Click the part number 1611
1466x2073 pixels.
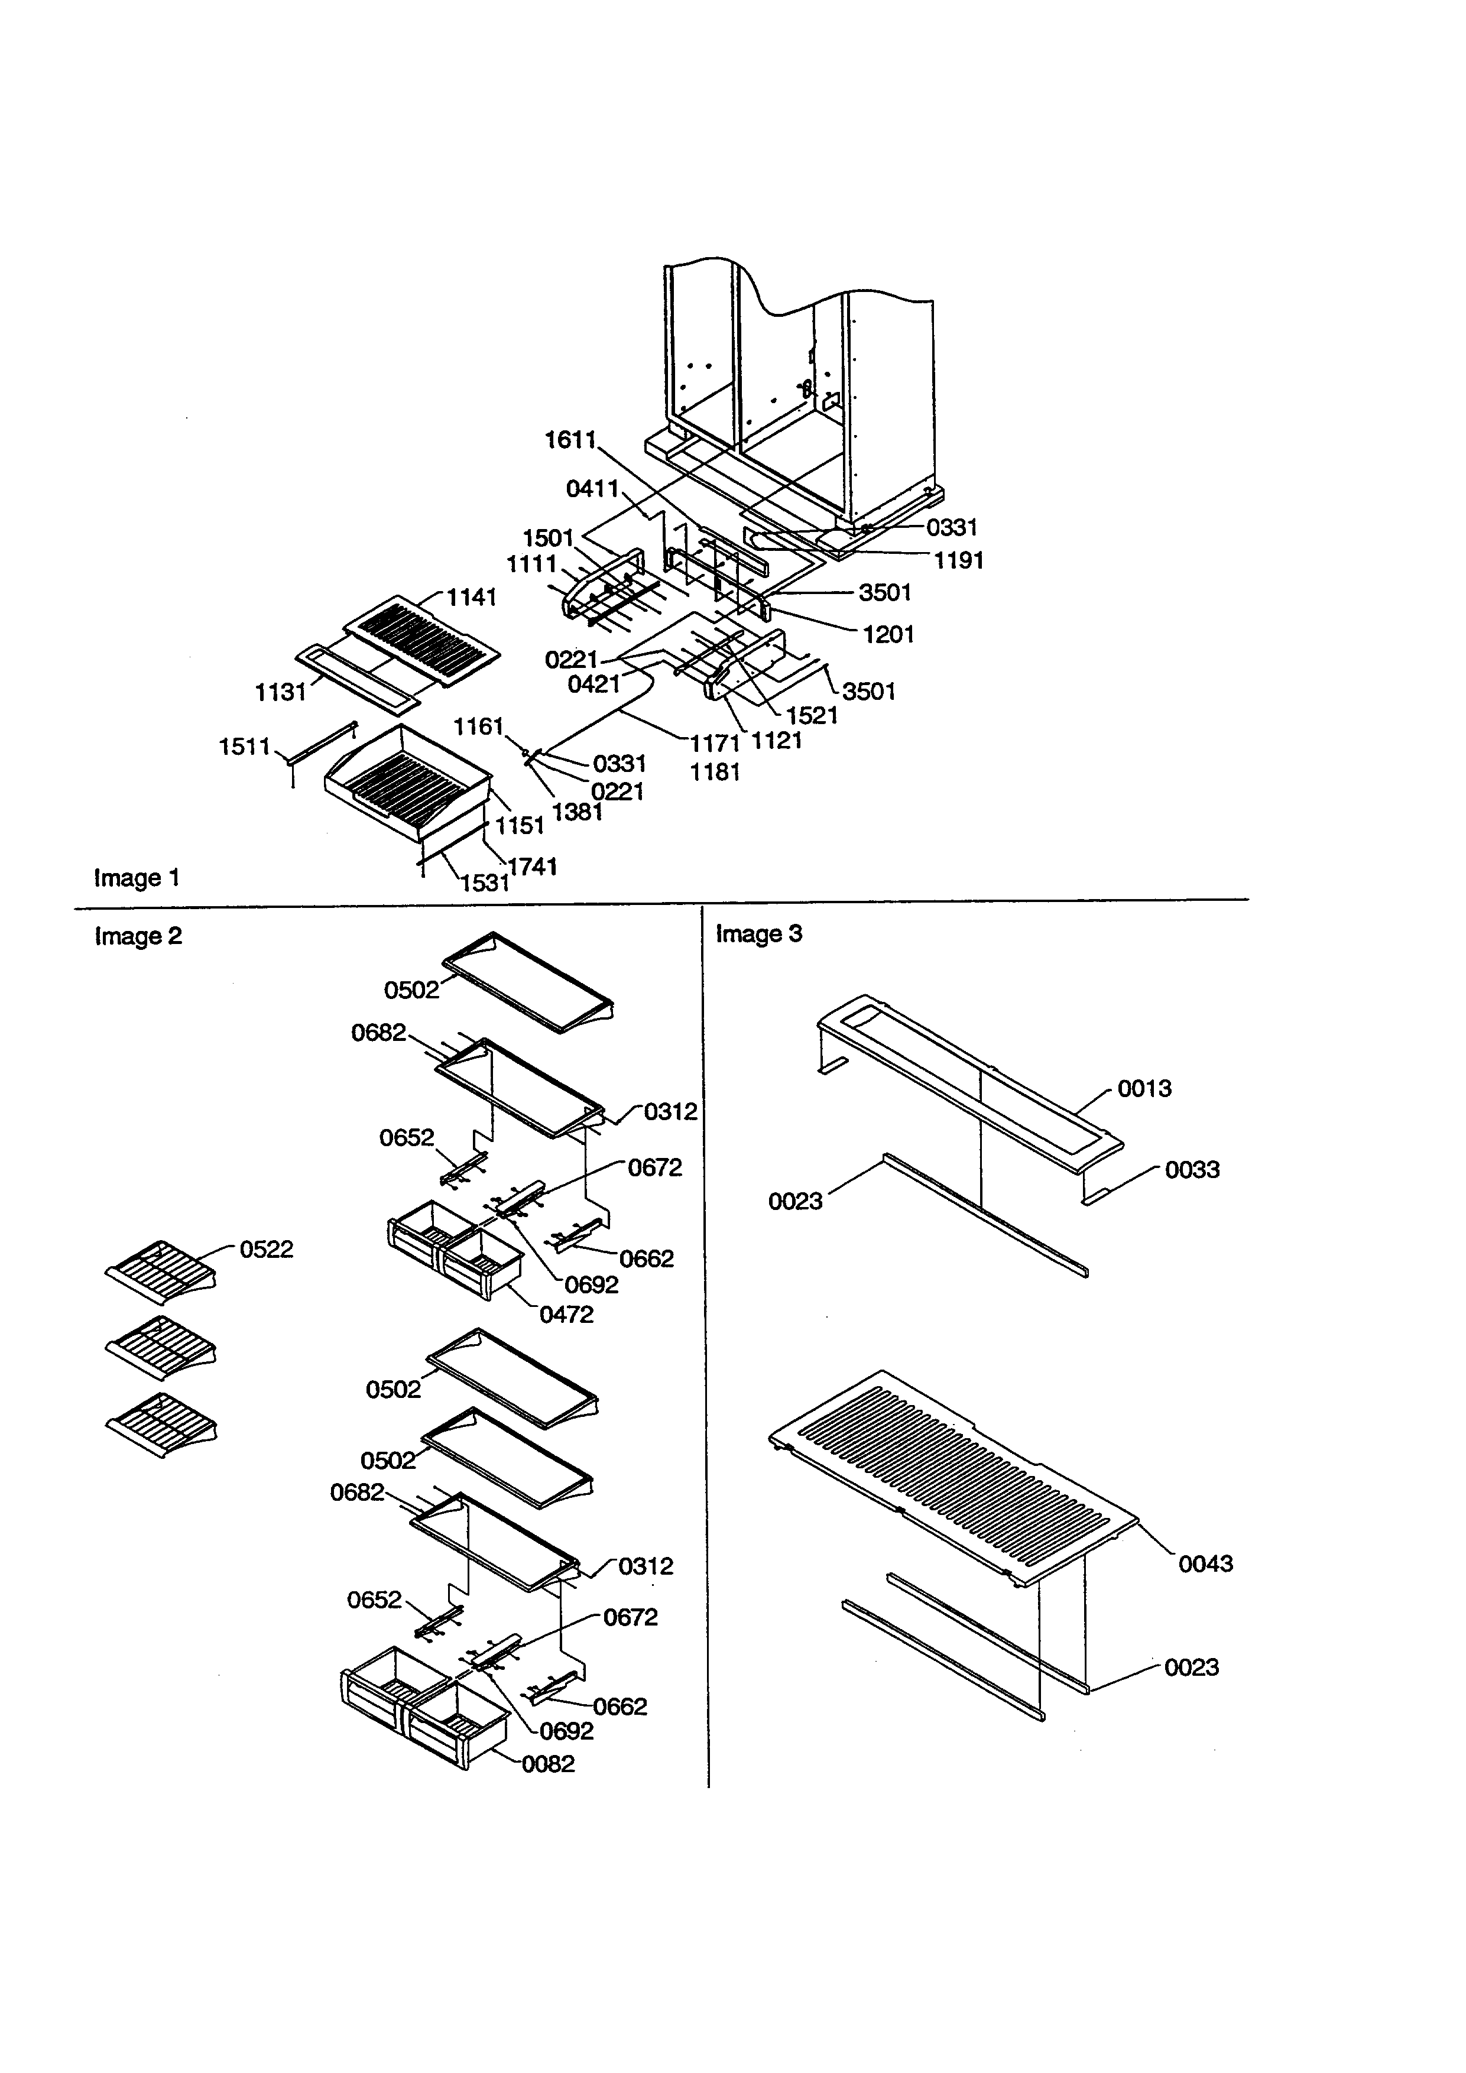tap(570, 440)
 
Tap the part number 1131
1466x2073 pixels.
tap(281, 693)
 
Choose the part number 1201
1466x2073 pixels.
tap(888, 635)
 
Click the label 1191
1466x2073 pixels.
tap(959, 561)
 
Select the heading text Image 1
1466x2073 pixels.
tap(137, 878)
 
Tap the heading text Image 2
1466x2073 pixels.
tap(138, 936)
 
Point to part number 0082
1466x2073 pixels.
tap(548, 1764)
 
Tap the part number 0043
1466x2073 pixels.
tap(1205, 1564)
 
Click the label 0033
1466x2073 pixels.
tap(1192, 1170)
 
